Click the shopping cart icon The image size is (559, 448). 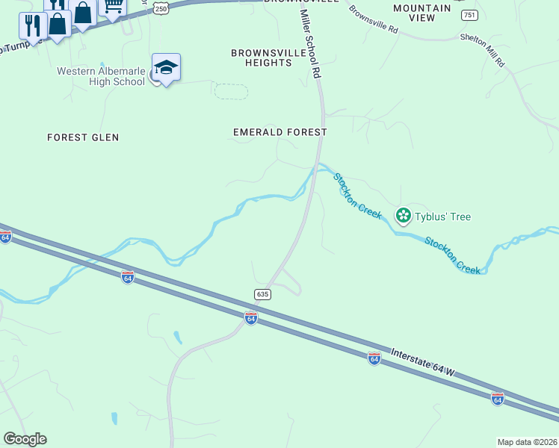point(112,7)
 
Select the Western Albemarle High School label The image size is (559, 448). point(101,76)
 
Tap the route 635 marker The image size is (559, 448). point(262,294)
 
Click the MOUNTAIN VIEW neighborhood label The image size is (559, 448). point(422,13)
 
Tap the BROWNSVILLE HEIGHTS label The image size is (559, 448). point(261,57)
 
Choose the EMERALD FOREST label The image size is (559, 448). point(280,132)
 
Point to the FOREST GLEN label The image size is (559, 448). point(83,137)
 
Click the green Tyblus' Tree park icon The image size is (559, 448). point(404,216)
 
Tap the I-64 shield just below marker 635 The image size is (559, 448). point(251,319)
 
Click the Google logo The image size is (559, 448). point(25,439)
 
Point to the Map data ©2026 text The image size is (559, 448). point(527,442)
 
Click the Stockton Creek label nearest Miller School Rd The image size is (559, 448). point(357,196)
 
